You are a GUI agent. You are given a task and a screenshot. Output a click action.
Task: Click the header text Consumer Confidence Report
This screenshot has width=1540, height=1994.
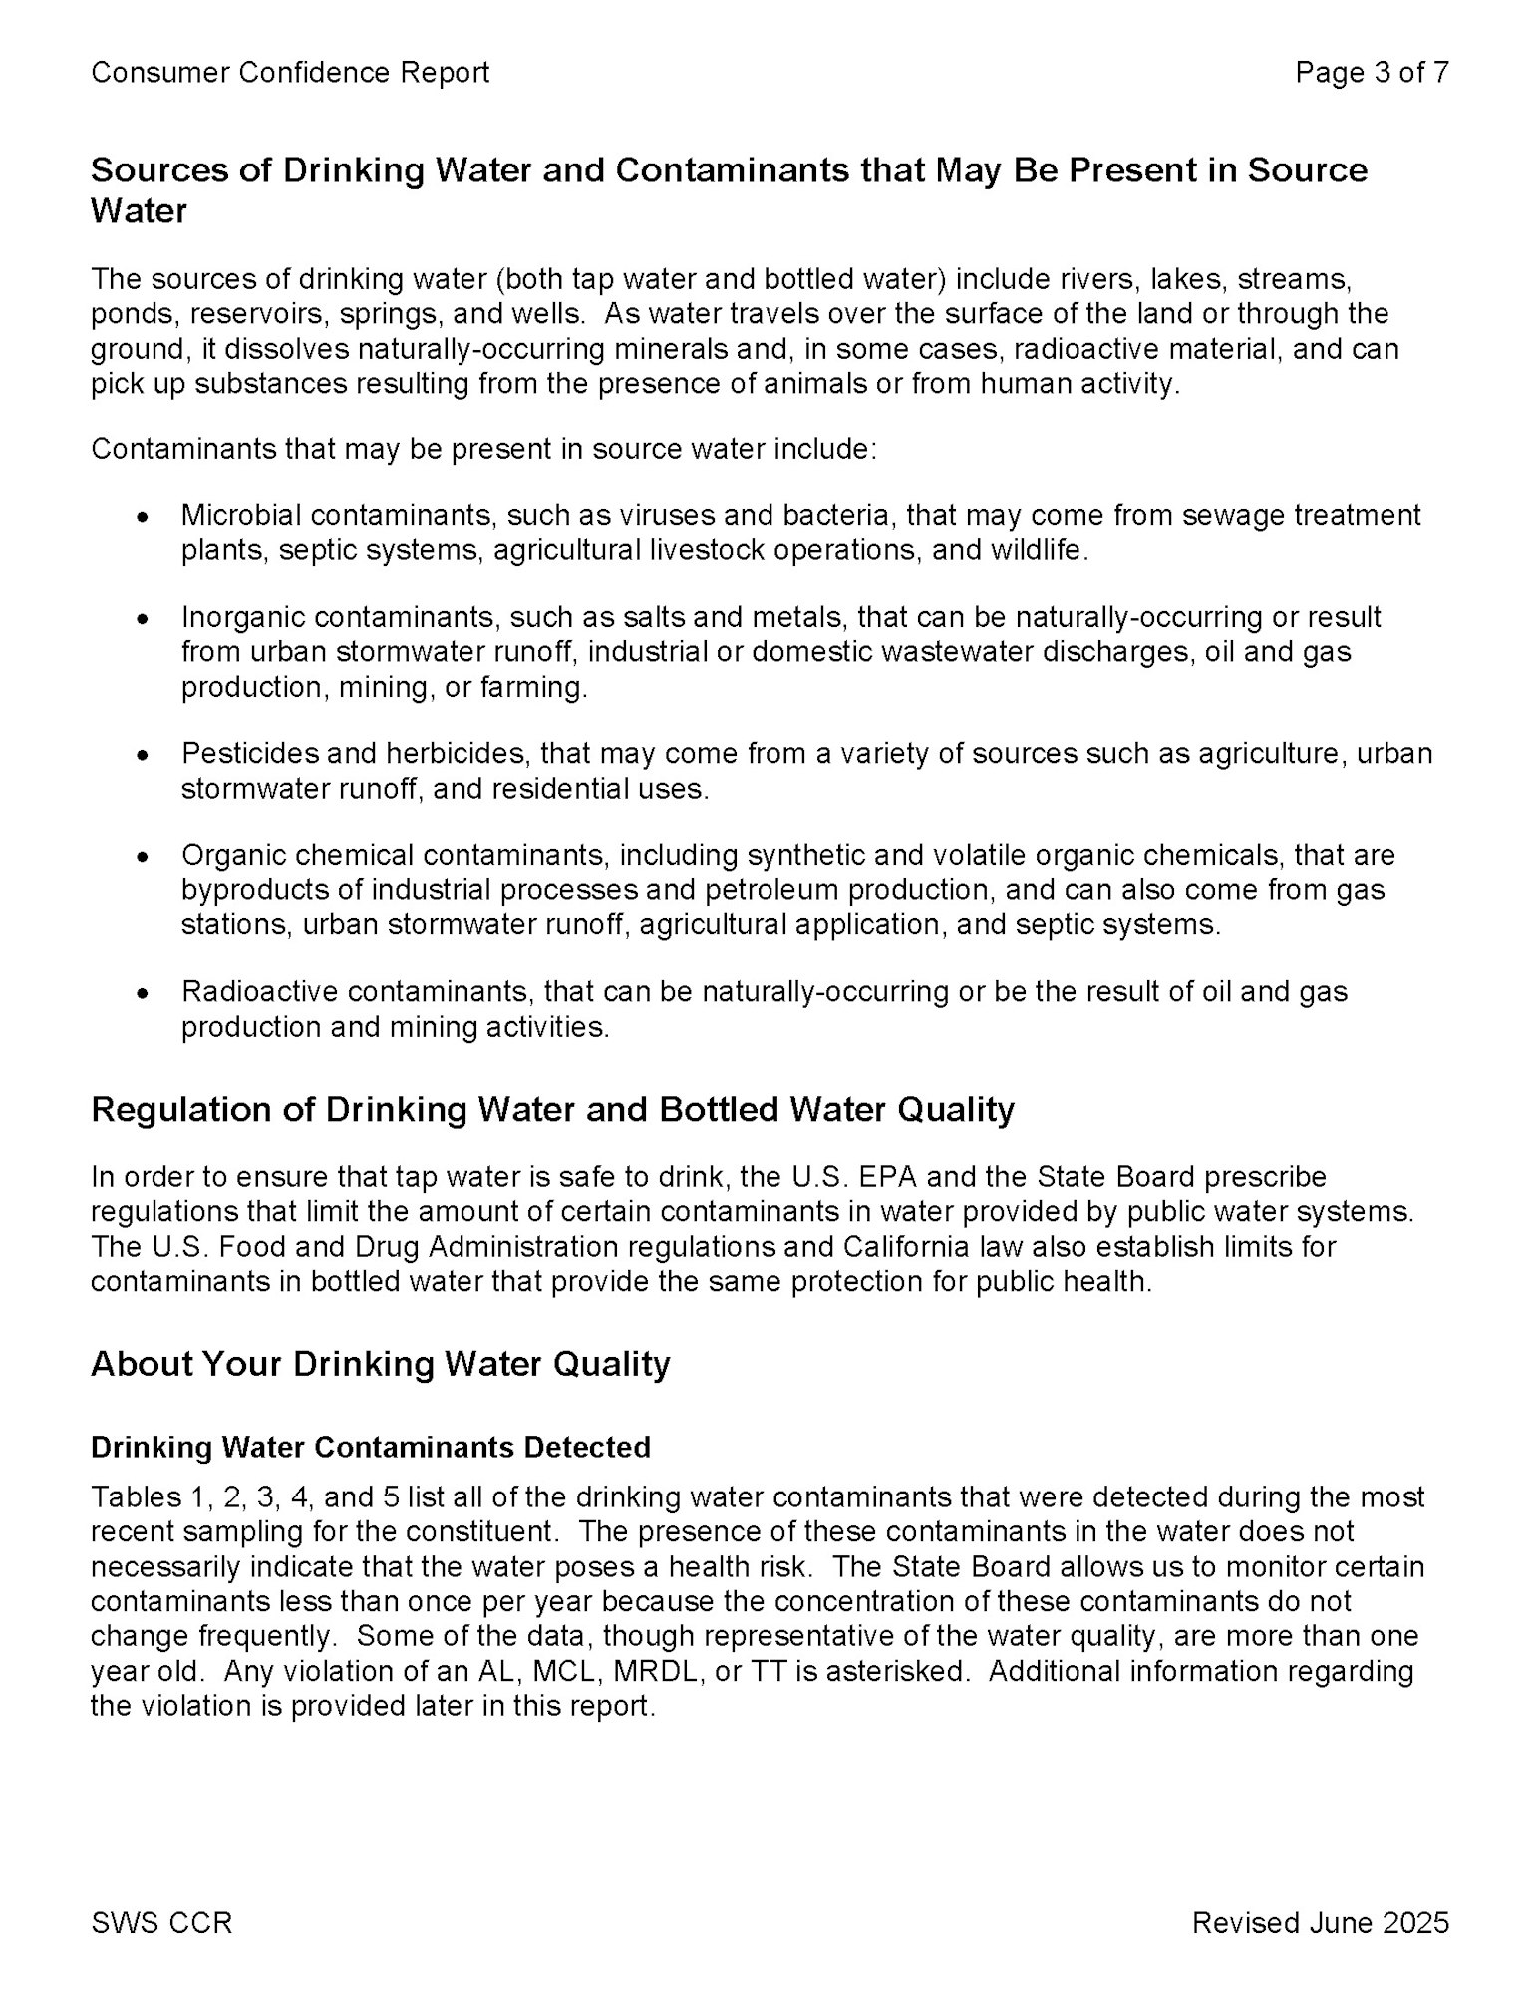point(289,73)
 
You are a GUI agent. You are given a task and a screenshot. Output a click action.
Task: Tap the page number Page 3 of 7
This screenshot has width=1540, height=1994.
point(1372,73)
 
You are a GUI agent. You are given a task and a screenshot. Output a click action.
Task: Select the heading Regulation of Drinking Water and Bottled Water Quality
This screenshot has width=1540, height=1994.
point(552,1110)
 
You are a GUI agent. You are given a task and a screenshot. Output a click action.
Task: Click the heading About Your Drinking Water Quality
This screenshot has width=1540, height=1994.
point(380,1364)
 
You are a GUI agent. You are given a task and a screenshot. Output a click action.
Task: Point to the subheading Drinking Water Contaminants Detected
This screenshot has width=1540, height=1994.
point(370,1447)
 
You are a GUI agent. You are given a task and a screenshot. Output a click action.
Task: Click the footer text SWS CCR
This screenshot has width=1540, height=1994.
point(160,1922)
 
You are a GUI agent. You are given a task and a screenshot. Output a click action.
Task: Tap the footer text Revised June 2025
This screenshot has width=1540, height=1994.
point(1320,1922)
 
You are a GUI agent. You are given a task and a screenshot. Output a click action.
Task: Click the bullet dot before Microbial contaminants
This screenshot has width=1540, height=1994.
point(144,519)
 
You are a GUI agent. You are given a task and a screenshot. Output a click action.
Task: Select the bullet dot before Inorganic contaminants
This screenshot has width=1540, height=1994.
point(144,620)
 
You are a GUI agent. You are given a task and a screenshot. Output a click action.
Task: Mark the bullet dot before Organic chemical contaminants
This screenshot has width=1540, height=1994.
point(144,857)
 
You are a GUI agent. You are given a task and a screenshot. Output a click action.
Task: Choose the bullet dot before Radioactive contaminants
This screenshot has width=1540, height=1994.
point(144,994)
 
